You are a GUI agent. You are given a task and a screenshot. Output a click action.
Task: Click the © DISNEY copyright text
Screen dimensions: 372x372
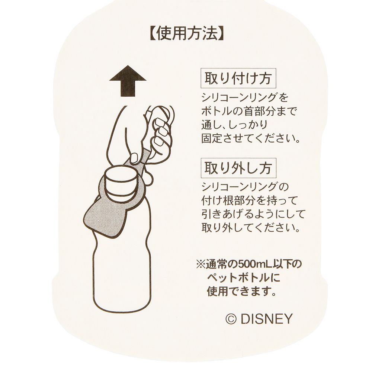point(259,318)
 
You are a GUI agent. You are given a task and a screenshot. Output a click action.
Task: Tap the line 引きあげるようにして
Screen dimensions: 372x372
point(253,214)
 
